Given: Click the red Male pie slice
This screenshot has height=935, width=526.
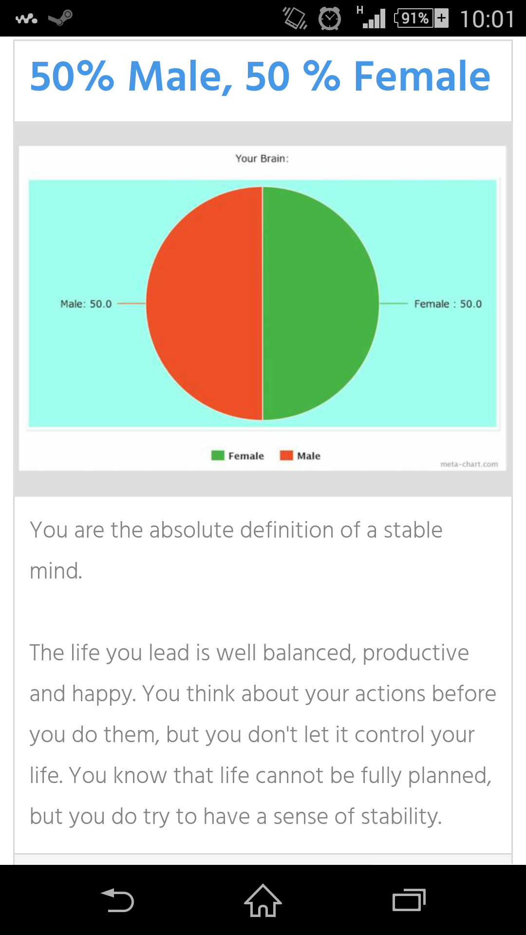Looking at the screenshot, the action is [x=205, y=303].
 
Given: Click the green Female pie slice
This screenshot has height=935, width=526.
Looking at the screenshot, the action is [x=320, y=303].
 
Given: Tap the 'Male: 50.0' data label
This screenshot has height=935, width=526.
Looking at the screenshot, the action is [x=86, y=304].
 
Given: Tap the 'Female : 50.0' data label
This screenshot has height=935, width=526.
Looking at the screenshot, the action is [x=448, y=304].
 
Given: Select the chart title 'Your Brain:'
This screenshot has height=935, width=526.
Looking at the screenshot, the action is [x=262, y=158].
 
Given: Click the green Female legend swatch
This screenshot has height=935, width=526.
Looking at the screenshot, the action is [x=218, y=455].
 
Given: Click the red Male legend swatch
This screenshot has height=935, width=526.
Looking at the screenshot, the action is [x=286, y=455].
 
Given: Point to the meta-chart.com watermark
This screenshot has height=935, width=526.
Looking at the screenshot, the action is [x=469, y=464].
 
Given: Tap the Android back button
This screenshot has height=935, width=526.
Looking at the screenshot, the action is [x=117, y=900].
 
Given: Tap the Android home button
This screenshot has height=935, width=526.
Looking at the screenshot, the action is [x=263, y=900].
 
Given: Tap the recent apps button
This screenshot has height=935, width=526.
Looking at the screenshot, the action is [x=409, y=900].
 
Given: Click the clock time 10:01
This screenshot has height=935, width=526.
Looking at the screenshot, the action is [x=487, y=19].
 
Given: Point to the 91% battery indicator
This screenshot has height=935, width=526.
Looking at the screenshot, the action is [x=421, y=19].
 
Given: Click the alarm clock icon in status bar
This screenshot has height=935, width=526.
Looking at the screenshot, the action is [x=330, y=19].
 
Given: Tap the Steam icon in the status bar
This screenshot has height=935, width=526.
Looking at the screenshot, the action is [x=61, y=18].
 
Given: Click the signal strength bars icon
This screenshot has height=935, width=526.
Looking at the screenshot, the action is [x=374, y=19].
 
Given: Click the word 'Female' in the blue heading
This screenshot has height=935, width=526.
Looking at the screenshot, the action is [x=422, y=76].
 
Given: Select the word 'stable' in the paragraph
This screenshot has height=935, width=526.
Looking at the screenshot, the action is [x=413, y=530].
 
